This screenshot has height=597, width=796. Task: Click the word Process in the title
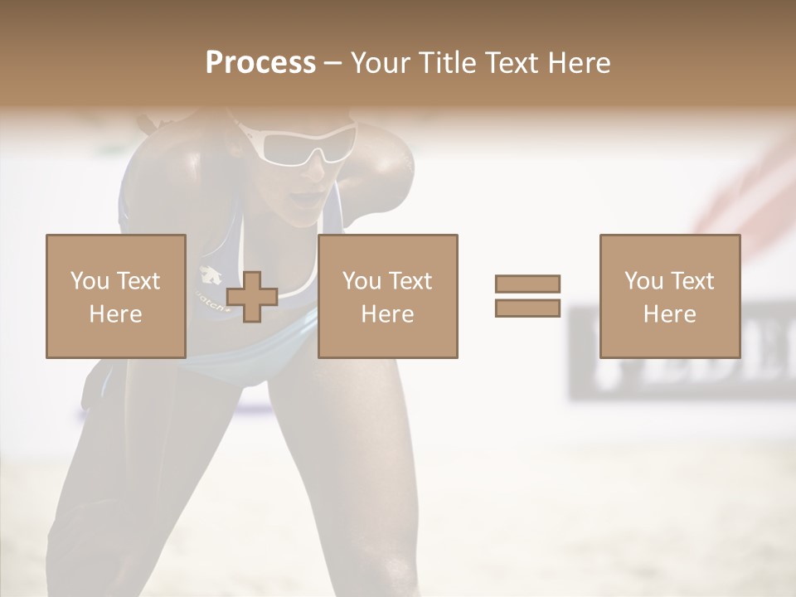click(x=260, y=63)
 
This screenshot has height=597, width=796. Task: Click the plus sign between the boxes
click(x=252, y=297)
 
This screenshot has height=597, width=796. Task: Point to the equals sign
click(x=527, y=296)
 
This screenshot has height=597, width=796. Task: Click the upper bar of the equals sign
click(x=527, y=284)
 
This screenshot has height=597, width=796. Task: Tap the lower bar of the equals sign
click(x=527, y=308)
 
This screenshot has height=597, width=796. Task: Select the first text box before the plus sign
click(x=115, y=296)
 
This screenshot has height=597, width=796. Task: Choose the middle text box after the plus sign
click(x=387, y=296)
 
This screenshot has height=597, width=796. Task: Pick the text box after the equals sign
click(x=669, y=296)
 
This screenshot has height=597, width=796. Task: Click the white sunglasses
click(x=298, y=141)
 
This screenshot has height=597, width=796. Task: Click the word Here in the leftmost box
click(x=115, y=314)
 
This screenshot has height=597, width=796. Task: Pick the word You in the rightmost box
click(x=643, y=281)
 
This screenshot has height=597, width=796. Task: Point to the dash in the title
click(x=333, y=63)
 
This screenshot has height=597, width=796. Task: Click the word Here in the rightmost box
click(x=669, y=314)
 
